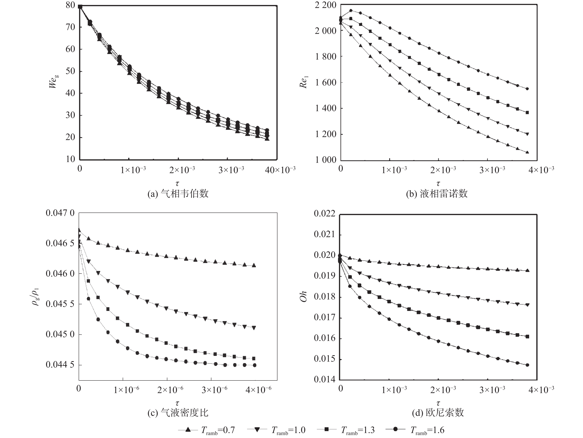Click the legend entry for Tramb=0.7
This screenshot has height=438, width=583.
point(207,430)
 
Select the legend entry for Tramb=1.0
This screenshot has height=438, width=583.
point(277,430)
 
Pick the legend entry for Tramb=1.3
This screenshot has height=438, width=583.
point(346,430)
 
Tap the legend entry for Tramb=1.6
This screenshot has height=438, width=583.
point(415,430)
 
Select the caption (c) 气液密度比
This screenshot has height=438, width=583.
point(178,413)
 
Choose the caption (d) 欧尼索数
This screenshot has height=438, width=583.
point(438,413)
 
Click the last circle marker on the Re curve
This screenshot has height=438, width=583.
point(527,89)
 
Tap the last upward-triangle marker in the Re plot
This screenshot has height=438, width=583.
point(527,152)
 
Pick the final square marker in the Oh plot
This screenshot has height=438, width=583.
point(527,336)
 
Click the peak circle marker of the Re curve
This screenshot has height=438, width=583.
point(351,11)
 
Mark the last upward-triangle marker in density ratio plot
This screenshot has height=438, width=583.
point(254,265)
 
